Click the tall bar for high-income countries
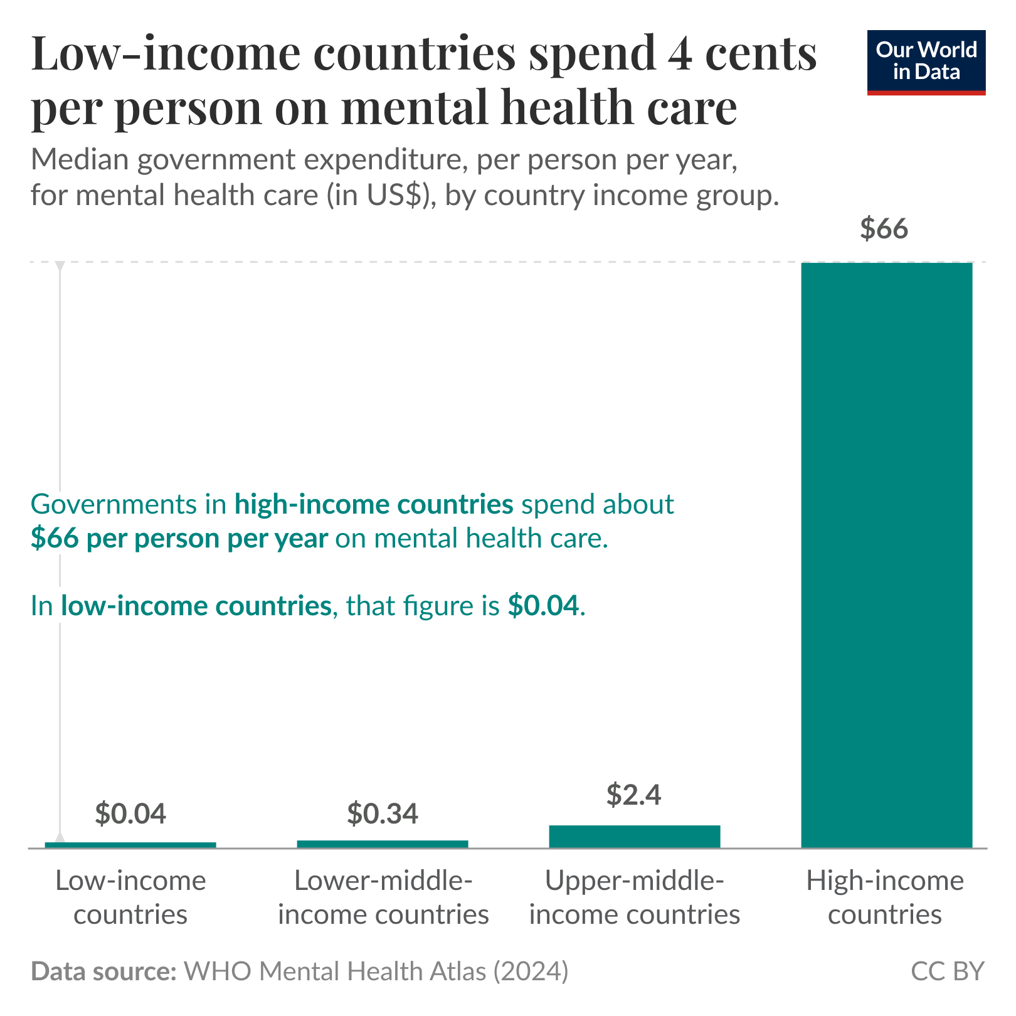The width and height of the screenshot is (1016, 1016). tap(886, 555)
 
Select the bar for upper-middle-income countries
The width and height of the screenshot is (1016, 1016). tap(634, 836)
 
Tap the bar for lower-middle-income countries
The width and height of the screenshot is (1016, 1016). tap(382, 844)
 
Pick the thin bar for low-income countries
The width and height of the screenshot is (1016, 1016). tap(130, 845)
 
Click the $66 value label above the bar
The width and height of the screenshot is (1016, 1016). tap(884, 229)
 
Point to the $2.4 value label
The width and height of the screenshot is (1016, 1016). tap(633, 795)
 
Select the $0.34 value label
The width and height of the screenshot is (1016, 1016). tap(382, 814)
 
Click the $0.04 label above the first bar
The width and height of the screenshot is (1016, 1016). tap(130, 814)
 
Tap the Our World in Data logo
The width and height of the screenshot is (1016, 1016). tap(926, 62)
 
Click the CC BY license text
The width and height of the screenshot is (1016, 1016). tap(947, 971)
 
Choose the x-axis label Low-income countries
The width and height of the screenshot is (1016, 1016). tap(130, 897)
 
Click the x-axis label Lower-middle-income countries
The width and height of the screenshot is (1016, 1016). tap(383, 897)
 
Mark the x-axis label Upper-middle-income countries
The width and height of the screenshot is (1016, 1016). tap(634, 897)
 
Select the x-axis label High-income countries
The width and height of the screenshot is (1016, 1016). tap(884, 897)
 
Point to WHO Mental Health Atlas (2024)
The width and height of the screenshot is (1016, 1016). tap(376, 971)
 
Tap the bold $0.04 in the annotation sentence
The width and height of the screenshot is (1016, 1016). tap(542, 606)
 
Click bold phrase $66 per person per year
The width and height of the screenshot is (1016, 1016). tap(179, 539)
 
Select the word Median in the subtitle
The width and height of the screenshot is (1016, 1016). tap(79, 160)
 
